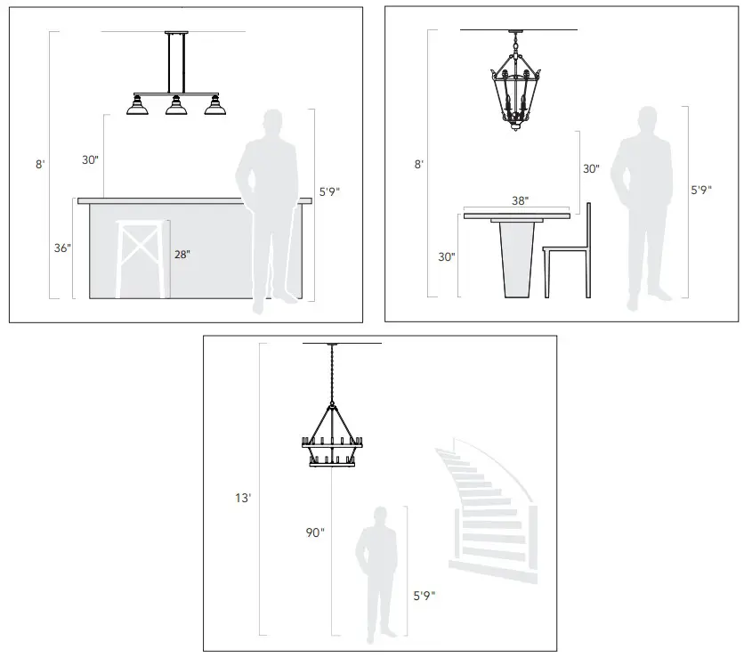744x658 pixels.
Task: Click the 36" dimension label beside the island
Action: click(x=61, y=248)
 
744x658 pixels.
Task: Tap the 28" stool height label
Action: click(x=182, y=255)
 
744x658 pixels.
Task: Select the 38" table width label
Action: click(x=521, y=201)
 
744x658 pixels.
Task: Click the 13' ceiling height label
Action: click(x=243, y=499)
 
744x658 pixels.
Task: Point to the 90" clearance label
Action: click(x=315, y=532)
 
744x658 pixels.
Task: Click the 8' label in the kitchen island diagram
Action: click(x=39, y=164)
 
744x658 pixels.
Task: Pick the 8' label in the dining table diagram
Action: click(x=418, y=164)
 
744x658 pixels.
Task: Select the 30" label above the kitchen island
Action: click(x=90, y=160)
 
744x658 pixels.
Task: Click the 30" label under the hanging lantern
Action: click(x=591, y=168)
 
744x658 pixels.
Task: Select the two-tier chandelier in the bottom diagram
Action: click(x=333, y=436)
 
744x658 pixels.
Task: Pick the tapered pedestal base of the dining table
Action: click(x=518, y=258)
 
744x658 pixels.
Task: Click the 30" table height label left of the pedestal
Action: click(x=446, y=256)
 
